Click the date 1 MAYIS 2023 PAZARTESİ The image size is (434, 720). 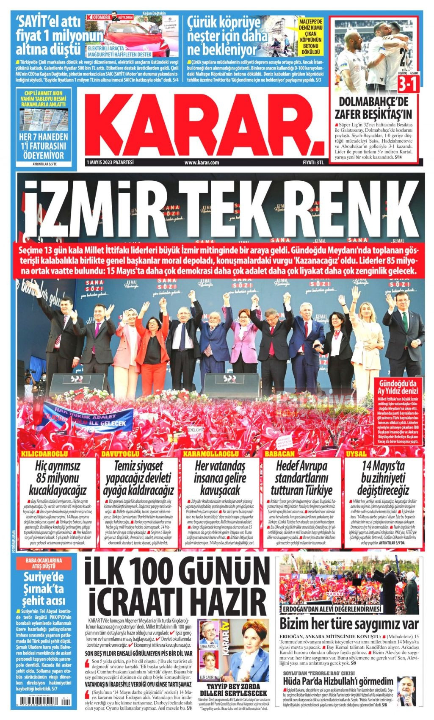(110, 162)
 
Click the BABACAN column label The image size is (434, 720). (279, 454)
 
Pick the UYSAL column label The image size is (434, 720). (356, 454)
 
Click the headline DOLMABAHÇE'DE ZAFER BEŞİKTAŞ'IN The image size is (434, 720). (373, 108)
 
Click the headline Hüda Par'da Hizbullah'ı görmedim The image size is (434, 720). (338, 681)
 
